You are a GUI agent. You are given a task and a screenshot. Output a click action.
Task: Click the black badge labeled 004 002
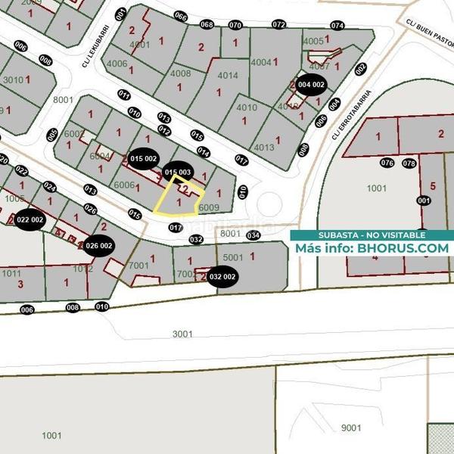click(310, 85)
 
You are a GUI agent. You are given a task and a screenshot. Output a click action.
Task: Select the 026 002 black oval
click(99, 245)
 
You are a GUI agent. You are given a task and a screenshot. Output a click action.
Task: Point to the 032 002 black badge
click(223, 277)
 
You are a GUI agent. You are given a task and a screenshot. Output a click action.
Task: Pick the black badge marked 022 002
click(31, 219)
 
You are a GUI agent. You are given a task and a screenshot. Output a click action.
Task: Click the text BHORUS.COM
click(403, 247)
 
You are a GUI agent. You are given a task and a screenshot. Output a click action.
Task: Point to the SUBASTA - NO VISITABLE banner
click(371, 235)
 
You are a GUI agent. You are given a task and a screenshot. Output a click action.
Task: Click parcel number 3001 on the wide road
click(182, 333)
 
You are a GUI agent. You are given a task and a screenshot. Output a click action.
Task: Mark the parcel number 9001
click(351, 428)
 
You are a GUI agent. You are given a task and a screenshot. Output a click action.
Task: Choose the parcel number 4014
click(227, 76)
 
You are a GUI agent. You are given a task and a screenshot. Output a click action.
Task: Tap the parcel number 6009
click(209, 206)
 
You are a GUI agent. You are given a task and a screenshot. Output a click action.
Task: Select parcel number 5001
click(232, 257)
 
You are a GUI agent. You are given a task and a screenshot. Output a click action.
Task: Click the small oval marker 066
click(180, 17)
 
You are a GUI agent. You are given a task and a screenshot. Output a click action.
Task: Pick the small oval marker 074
click(337, 26)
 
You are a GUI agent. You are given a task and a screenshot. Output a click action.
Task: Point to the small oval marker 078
click(409, 163)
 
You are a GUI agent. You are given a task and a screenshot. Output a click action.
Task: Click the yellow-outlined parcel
click(179, 198)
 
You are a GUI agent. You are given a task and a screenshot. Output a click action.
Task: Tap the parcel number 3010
click(13, 79)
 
